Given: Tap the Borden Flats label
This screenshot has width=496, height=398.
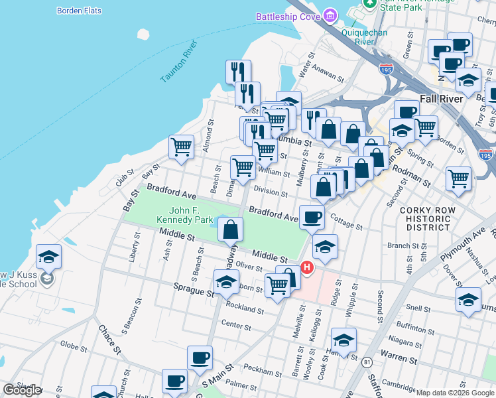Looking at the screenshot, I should [78, 11].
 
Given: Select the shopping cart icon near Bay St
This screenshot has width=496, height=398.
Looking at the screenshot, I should [181, 147].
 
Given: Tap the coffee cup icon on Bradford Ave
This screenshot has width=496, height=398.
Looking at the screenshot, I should [311, 216].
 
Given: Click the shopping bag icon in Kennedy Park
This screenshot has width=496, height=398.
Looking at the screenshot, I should [230, 230].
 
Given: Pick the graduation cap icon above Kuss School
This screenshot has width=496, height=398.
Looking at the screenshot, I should [49, 257].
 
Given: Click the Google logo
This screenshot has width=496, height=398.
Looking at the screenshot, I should [22, 390].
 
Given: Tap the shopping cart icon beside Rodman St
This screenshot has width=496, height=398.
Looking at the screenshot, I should [458, 179].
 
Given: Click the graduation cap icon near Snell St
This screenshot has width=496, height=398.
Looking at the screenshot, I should [468, 300].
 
